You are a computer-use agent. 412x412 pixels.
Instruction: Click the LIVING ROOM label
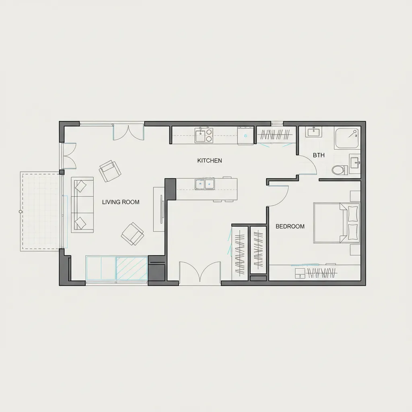coord(121,202)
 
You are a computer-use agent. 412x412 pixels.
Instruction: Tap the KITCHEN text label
coord(210,161)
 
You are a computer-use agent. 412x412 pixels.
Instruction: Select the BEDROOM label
coord(290,226)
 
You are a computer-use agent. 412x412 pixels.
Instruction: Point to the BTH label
coord(319,155)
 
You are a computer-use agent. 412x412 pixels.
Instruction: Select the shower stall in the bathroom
coord(347,138)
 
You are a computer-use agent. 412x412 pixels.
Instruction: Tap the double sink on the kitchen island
coord(204,183)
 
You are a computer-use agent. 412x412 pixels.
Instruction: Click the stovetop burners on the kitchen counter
coord(209,135)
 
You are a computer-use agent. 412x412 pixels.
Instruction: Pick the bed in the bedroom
coord(337,223)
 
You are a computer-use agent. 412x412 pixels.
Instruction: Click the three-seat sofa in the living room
coord(82,205)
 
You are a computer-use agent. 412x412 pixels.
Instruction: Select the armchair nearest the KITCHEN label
coord(110,171)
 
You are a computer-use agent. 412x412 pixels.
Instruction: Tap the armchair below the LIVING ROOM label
coord(132,234)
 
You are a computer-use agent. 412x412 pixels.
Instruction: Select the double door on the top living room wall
coord(128,133)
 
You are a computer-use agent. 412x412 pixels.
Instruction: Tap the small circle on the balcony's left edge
coord(20,212)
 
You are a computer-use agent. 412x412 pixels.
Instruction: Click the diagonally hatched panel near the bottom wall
coord(132,268)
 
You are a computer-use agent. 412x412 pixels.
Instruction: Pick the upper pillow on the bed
coord(352,214)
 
